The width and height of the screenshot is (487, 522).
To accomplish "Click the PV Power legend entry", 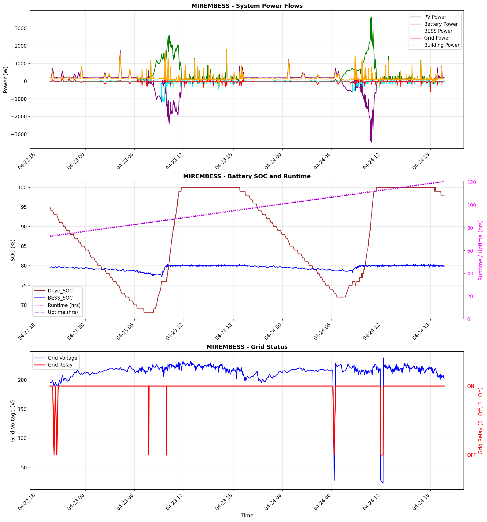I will coord(435,17).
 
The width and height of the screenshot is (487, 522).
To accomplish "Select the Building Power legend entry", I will coord(441,45).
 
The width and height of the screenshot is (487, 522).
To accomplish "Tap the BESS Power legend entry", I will coord(438,31).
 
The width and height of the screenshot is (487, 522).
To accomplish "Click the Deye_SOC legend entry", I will coord(60,291).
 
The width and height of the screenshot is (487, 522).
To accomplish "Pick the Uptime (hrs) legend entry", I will coord(63,312).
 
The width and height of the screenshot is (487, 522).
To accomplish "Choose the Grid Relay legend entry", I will coord(60,365).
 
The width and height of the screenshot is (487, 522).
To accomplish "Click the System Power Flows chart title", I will coord(247,6).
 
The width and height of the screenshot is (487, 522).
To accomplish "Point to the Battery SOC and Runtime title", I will coord(247,176).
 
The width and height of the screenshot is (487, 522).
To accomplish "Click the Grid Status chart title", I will coord(247,347).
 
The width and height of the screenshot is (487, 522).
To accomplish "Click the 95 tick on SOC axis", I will coord(24,207).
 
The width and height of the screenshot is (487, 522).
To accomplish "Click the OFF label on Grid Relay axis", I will coord(471,455).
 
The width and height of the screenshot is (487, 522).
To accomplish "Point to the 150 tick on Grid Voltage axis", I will coord(22,409).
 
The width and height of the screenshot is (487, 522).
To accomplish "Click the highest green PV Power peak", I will coord(372,17).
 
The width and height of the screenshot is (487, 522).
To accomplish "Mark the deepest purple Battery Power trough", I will coord(372,142).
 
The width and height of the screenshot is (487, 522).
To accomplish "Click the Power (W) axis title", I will coord(6,80).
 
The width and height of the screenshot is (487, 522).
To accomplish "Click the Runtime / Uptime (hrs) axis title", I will coord(480,251).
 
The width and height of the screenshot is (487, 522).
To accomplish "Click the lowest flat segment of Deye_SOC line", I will coord(149,313).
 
